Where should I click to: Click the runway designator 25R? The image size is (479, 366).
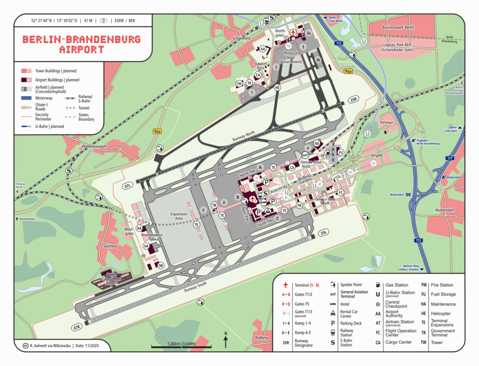[354, 100]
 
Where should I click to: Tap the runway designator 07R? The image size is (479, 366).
[77, 327]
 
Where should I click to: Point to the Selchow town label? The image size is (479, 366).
[110, 246]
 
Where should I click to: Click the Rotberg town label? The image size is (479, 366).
[262, 338]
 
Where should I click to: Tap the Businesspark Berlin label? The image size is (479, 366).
[398, 28]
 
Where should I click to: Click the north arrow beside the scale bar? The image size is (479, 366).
[226, 341]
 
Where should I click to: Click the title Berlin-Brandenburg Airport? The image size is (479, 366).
[82, 44]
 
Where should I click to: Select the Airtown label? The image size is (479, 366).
[386, 122]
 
